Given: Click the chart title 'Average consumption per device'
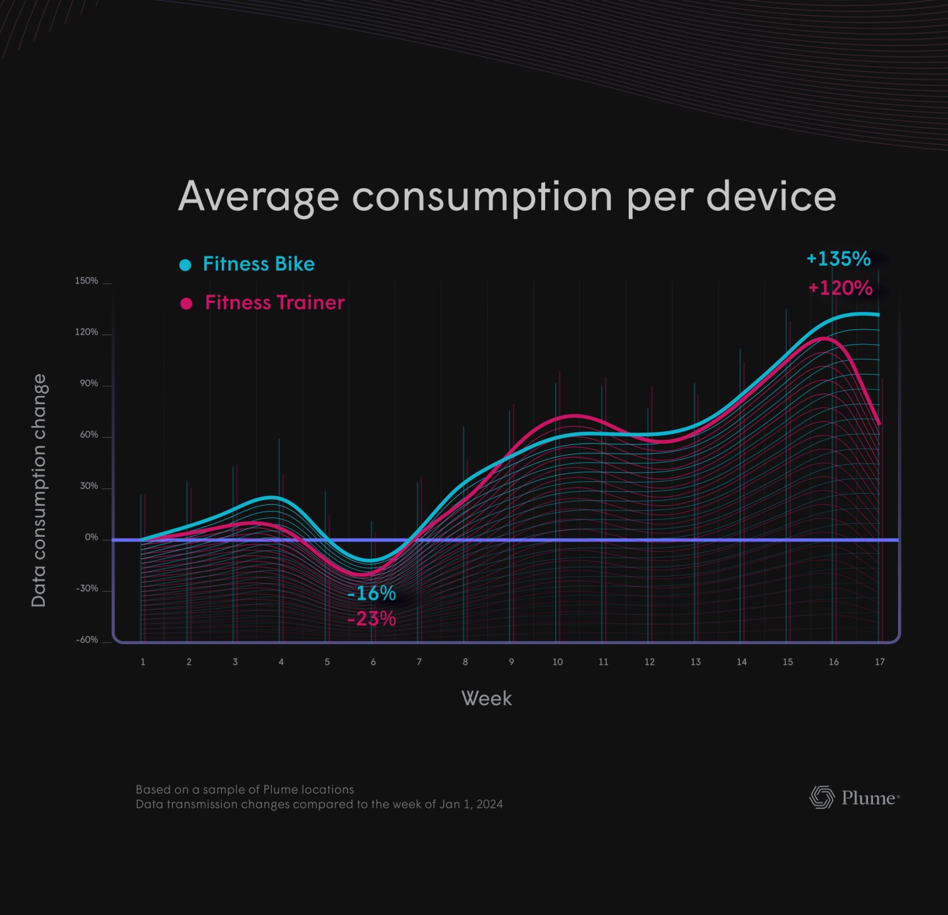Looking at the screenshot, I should [507, 196].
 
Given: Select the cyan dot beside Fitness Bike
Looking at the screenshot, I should [186, 265].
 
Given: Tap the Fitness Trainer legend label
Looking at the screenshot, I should [275, 303].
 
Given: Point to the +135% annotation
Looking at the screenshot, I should [838, 259].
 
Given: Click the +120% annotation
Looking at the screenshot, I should [840, 288].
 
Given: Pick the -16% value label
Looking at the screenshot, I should [371, 594].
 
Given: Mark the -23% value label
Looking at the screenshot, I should [371, 619].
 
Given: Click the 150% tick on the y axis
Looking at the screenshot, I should [86, 281].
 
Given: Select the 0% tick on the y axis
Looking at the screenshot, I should [91, 538].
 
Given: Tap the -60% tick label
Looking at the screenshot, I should [87, 640].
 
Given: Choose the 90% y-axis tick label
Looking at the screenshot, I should [89, 384].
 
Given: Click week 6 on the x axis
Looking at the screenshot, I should [373, 662].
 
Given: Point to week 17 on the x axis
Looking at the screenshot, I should [880, 662].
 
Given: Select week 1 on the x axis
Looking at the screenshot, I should [143, 662].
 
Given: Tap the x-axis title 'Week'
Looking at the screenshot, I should [487, 698].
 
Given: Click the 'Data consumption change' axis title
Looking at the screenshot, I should [39, 490].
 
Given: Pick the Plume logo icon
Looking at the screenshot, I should [822, 797].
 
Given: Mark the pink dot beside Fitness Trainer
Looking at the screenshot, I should [186, 303].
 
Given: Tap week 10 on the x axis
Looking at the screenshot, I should [558, 662].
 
